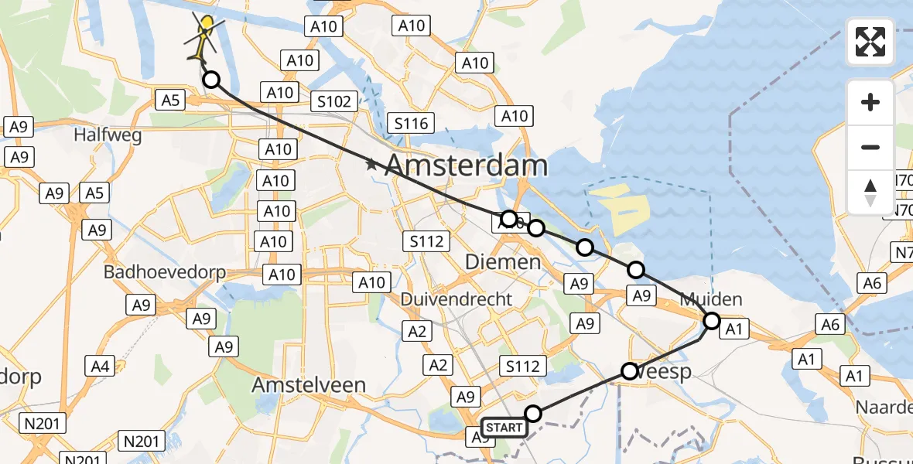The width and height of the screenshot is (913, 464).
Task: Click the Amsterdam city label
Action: pyautogui.click(x=466, y=165)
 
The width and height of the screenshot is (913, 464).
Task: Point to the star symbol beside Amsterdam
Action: pyautogui.click(x=371, y=164)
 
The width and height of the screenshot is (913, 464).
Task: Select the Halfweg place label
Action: pyautogui.click(x=108, y=135)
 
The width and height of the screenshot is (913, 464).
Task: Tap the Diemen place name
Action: pyautogui.click(x=503, y=262)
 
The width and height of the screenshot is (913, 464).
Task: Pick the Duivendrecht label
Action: pyautogui.click(x=456, y=299)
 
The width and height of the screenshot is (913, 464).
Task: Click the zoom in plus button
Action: pyautogui.click(x=870, y=102)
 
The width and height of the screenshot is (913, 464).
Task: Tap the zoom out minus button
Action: pyautogui.click(x=870, y=147)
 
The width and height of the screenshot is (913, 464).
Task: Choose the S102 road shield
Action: pyautogui.click(x=334, y=101)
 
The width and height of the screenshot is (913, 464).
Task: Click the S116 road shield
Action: pyautogui.click(x=411, y=123)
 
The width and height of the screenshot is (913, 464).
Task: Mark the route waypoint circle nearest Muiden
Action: pyautogui.click(x=711, y=320)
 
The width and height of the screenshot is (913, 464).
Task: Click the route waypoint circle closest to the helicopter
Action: pyautogui.click(x=210, y=80)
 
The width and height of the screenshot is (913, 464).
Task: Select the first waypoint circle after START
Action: pyautogui.click(x=533, y=414)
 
